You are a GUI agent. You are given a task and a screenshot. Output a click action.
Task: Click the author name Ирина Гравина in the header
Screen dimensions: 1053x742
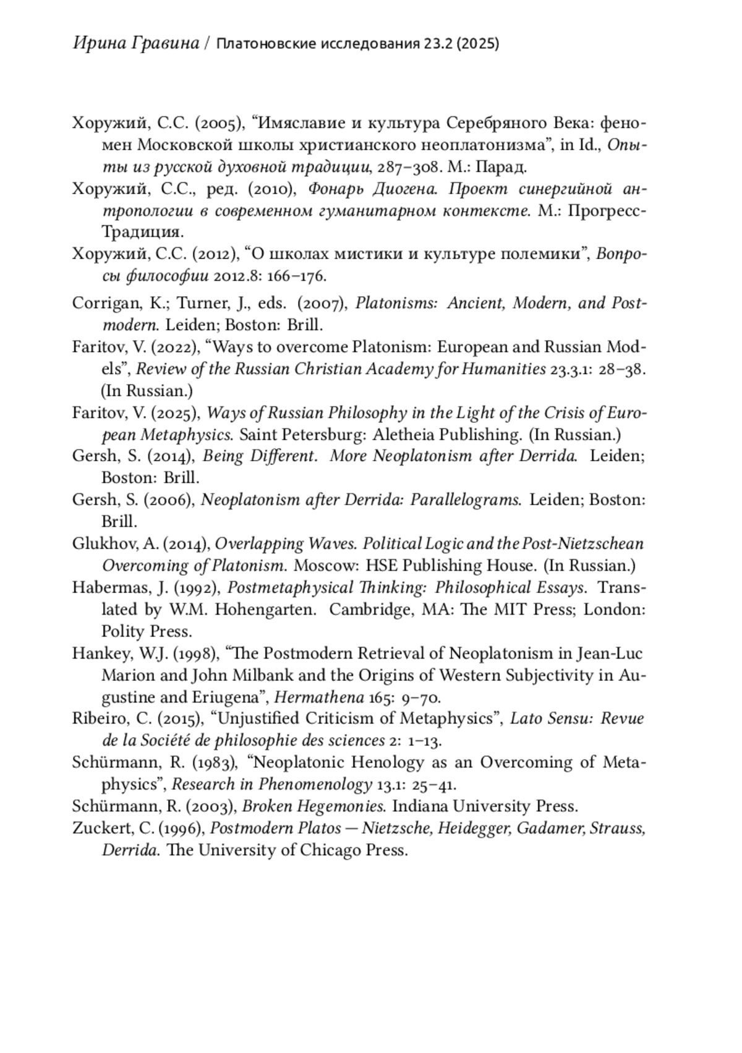click(136, 44)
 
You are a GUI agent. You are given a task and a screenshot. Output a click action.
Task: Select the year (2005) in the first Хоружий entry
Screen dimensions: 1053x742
click(218, 123)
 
